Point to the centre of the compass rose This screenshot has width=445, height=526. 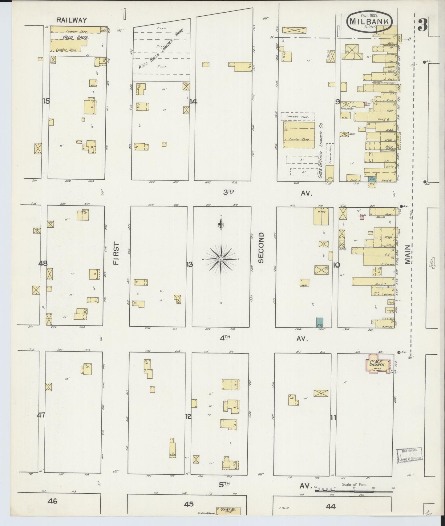(221, 260)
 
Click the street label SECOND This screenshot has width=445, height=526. (261, 248)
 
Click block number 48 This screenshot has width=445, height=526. (43, 263)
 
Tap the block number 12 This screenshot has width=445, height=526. (188, 416)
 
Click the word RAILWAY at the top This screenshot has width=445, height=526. (72, 20)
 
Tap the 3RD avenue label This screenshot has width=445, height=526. (229, 192)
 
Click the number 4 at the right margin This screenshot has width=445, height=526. (433, 263)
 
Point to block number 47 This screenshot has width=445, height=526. (41, 415)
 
